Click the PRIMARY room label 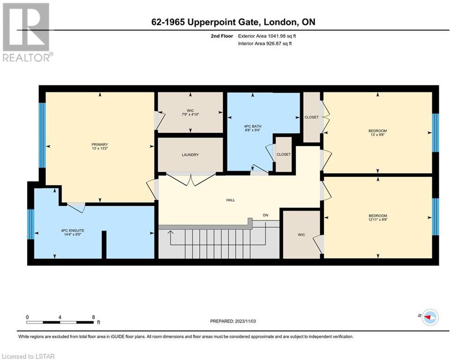[100, 144]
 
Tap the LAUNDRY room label [190, 155]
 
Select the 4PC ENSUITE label [73, 230]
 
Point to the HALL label [230, 200]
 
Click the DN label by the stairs [266, 215]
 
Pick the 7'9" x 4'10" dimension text [190, 114]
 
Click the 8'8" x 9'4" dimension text [252, 130]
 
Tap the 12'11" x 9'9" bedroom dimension [378, 219]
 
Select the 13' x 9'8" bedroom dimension [377, 135]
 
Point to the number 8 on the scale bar [93, 317]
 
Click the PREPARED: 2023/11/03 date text [233, 321]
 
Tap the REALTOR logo [26, 32]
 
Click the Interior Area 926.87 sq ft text [265, 44]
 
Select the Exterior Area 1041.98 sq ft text [267, 36]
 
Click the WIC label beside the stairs [301, 235]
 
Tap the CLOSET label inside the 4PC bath [283, 154]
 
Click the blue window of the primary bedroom [43, 135]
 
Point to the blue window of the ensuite [31, 224]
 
